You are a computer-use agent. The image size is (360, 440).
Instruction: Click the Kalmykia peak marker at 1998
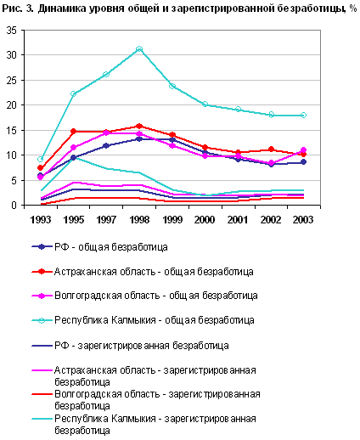139,49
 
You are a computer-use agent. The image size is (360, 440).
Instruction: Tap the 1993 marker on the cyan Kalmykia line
40,159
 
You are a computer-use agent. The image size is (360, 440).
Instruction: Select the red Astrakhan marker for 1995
73,132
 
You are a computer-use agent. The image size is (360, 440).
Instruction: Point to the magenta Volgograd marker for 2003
303,150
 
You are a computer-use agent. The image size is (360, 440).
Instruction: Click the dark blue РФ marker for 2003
303,162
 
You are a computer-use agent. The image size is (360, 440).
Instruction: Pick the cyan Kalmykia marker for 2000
205,104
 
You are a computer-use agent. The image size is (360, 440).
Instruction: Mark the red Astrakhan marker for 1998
139,127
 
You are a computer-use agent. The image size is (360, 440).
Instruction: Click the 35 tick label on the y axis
12,31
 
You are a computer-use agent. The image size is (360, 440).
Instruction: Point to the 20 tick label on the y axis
12,105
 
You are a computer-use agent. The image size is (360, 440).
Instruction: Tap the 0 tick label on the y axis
14,205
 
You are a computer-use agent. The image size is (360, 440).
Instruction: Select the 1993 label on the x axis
40,220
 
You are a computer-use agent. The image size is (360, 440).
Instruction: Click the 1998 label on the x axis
139,220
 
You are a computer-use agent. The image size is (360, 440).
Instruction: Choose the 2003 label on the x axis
303,220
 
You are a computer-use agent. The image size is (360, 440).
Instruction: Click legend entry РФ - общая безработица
111,247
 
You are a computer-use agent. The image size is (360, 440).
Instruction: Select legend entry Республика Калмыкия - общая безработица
155,320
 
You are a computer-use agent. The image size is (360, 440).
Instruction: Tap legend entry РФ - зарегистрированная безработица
142,346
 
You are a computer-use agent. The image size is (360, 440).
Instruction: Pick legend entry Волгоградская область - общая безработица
156,296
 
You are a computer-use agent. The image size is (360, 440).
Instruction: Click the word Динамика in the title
63,8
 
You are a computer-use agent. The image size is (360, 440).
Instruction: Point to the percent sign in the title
352,8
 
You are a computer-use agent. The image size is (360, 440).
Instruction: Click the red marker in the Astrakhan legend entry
42,272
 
